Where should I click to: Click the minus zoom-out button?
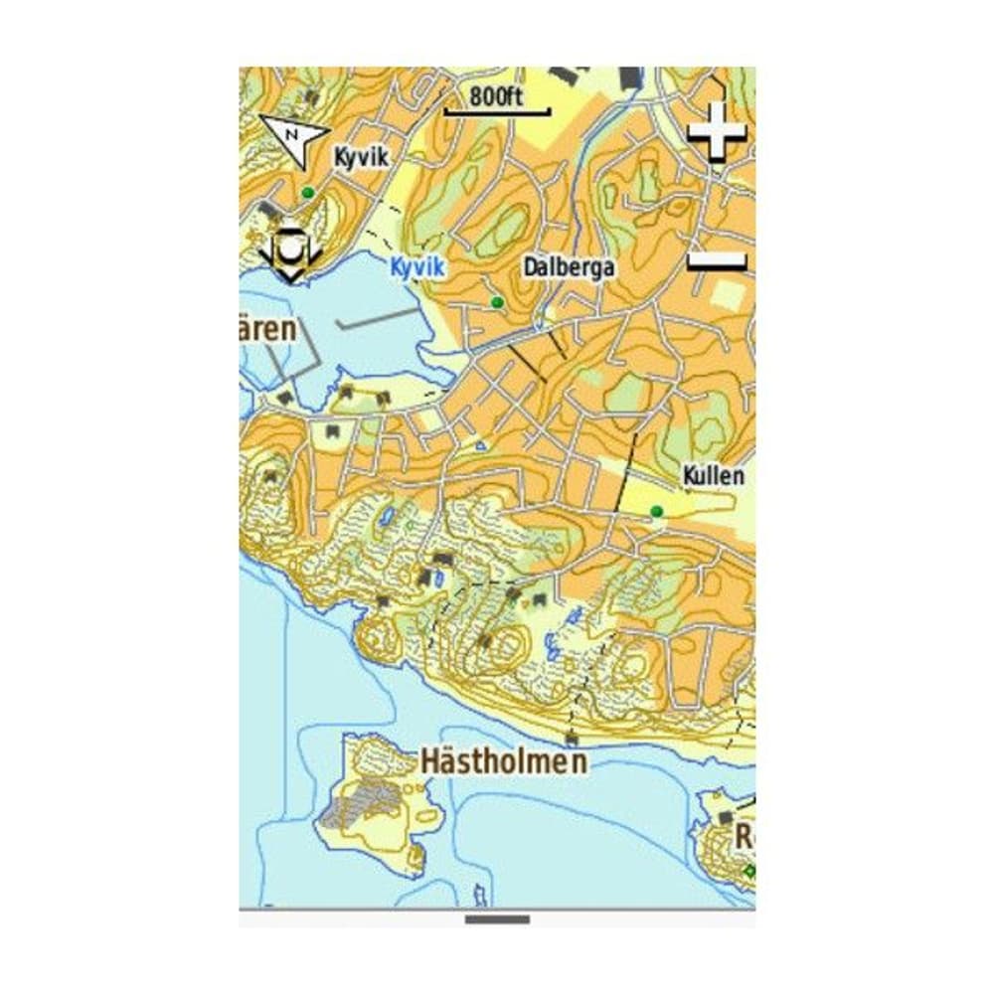pyautogui.click(x=717, y=260)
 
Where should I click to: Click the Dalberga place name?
pyautogui.click(x=569, y=268)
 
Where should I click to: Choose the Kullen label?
pyautogui.click(x=713, y=476)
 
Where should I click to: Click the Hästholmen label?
pyautogui.click(x=503, y=761)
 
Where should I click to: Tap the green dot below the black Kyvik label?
pyautogui.click(x=308, y=192)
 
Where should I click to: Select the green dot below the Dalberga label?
pyautogui.click(x=497, y=301)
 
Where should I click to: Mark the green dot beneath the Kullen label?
pyautogui.click(x=655, y=511)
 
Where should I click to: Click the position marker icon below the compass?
pyautogui.click(x=289, y=254)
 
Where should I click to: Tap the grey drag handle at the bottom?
pyautogui.click(x=497, y=919)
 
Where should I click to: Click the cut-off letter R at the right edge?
pyautogui.click(x=745, y=836)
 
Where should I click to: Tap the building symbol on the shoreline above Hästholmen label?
pyautogui.click(x=572, y=739)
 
